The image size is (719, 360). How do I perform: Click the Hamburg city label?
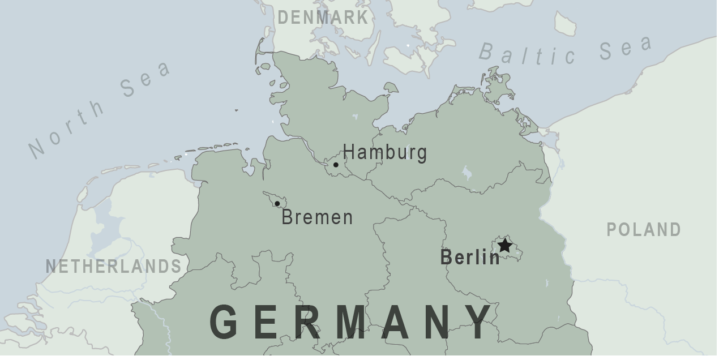[384, 153]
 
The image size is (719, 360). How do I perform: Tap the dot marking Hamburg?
[336, 165]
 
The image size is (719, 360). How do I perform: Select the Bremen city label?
[317, 217]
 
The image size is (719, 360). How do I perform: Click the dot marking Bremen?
[277, 204]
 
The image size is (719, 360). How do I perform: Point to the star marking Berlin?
[504, 246]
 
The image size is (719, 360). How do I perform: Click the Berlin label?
[470, 258]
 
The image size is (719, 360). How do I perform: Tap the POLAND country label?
[644, 230]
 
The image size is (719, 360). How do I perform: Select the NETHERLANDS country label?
[114, 266]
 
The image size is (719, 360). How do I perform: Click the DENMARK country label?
[323, 18]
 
